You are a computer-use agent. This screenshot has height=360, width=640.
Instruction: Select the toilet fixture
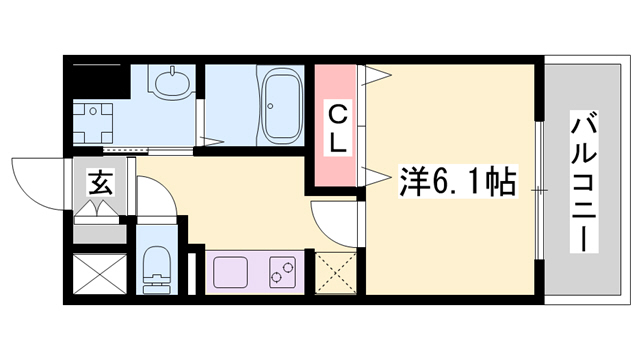[156, 267]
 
